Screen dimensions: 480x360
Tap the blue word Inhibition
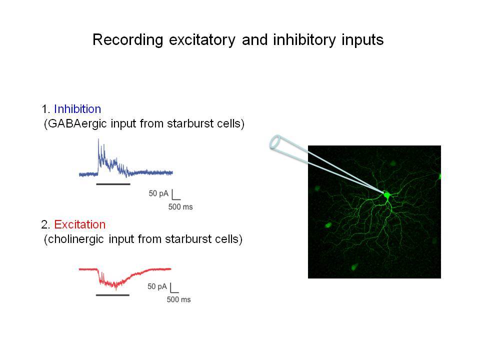(77, 109)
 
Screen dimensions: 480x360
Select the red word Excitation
(80, 224)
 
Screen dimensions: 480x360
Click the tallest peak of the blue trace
(98, 140)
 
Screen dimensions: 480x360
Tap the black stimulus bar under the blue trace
(113, 184)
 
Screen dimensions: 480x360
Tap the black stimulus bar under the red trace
(112, 295)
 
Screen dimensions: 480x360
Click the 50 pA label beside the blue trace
(158, 193)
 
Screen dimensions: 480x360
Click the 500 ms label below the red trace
(179, 299)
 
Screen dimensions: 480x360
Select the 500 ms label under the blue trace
(180, 207)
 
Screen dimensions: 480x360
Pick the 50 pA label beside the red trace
(157, 286)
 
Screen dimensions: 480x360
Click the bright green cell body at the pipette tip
(386, 195)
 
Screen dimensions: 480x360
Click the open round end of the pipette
(274, 142)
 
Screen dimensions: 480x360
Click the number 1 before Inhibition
(44, 109)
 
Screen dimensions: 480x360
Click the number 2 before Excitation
(44, 225)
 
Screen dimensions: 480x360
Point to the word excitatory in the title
(202, 40)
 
